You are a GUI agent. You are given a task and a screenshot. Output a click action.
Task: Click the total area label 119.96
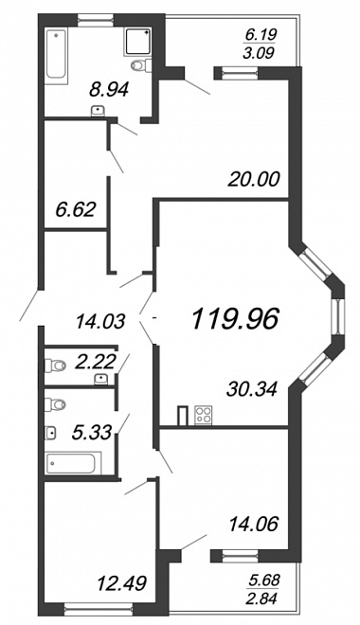point(234,320)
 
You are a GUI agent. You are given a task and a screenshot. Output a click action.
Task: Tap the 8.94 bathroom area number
point(109,90)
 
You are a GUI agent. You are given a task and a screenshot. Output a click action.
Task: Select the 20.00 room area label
point(254,179)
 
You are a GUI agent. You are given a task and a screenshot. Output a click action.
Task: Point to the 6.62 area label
point(76,209)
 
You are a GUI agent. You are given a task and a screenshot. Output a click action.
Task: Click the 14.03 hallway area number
point(100,321)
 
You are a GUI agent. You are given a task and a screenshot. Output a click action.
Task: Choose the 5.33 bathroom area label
point(91,432)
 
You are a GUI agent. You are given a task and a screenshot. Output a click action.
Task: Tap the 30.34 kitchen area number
point(251,388)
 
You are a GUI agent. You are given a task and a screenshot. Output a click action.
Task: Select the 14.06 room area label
point(253,524)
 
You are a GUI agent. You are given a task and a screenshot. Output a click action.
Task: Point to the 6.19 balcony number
point(260,35)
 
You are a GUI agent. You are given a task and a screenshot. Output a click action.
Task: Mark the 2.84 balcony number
point(262,598)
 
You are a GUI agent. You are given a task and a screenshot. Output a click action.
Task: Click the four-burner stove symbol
point(203,415)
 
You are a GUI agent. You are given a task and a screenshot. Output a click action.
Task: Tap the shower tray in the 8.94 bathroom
point(138,41)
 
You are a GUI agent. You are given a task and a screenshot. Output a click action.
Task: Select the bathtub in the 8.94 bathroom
point(56,55)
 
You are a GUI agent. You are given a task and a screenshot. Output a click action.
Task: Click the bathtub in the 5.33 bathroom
point(73,463)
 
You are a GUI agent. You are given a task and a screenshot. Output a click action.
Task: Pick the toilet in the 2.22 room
point(55,366)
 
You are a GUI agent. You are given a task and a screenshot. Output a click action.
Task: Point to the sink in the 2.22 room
point(100,379)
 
